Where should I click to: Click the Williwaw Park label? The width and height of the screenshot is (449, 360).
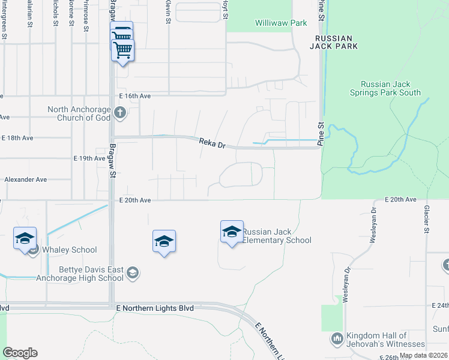(x=281, y=23)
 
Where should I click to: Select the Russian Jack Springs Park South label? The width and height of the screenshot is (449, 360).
(x=385, y=88)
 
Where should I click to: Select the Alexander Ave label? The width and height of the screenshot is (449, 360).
(x=25, y=179)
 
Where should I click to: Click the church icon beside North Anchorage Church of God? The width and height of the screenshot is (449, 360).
(x=120, y=112)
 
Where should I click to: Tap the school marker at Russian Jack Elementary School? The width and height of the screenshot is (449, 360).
(x=232, y=232)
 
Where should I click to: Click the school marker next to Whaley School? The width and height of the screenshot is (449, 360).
(x=25, y=238)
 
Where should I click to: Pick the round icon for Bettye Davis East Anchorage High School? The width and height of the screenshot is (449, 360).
(x=133, y=274)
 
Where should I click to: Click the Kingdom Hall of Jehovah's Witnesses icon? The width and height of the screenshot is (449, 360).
(x=336, y=340)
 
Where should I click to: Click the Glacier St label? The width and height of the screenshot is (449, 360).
(x=427, y=219)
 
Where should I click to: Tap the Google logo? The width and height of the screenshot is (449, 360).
(x=20, y=353)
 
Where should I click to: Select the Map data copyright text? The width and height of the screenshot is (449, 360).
(x=423, y=355)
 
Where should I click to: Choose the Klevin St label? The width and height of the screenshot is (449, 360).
(x=168, y=13)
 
